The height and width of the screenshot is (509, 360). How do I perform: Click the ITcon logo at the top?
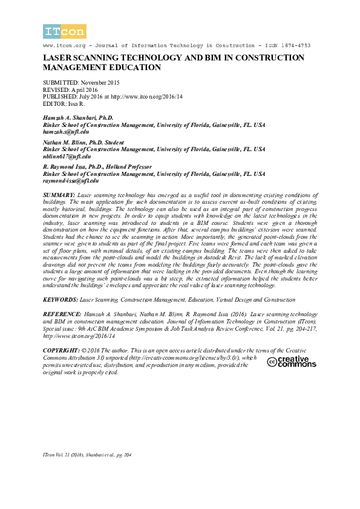pos(65,31)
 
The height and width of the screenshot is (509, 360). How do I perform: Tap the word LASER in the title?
pos(56,58)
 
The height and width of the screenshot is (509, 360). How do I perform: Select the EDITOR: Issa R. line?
pos(65,103)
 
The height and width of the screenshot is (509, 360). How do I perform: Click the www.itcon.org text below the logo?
pos(62,46)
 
